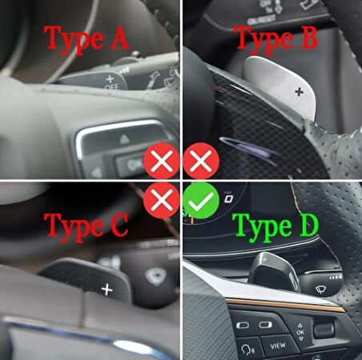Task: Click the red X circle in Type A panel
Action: [x=160, y=163]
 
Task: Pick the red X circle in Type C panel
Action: [x=160, y=202]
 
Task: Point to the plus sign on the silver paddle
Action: [x=299, y=92]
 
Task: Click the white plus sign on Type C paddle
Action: [x=107, y=289]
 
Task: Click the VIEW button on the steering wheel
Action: [x=278, y=346]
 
